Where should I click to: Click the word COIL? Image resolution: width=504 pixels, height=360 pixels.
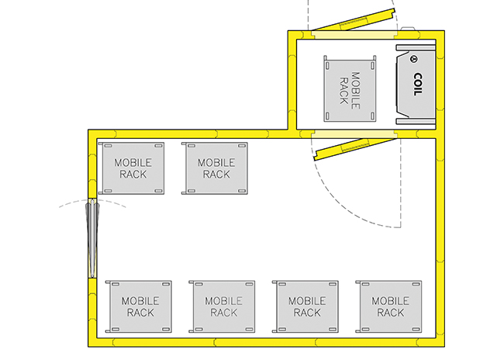(417, 85)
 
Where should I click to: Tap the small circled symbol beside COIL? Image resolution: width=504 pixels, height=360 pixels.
(414, 59)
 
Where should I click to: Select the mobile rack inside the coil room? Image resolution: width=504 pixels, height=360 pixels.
(350, 88)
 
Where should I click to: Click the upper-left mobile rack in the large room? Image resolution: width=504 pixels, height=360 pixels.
(131, 168)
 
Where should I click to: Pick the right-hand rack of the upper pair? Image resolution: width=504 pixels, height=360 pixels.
(215, 168)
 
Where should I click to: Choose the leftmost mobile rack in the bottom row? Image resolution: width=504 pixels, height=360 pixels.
(139, 306)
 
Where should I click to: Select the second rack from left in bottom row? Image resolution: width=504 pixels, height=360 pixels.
(222, 306)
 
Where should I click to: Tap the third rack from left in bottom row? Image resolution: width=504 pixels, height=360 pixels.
(306, 306)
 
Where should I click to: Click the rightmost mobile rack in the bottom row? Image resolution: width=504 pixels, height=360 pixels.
(389, 306)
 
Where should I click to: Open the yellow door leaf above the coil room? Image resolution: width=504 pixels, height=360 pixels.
(353, 20)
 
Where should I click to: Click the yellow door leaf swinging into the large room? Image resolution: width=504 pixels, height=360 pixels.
(355, 149)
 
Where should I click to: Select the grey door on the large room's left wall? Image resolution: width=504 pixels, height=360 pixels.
(92, 238)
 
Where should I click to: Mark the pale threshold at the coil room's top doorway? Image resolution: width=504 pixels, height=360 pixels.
(354, 35)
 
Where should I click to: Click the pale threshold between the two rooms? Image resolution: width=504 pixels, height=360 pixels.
(354, 134)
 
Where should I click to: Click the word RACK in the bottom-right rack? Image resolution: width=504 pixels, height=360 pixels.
(391, 313)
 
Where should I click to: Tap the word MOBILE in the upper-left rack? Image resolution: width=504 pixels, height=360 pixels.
(133, 163)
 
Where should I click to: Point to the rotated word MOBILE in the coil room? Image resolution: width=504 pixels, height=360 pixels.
(355, 91)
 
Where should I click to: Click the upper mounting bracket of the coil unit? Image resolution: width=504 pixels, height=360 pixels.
(416, 47)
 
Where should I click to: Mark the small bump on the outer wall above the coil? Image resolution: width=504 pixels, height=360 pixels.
(407, 29)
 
